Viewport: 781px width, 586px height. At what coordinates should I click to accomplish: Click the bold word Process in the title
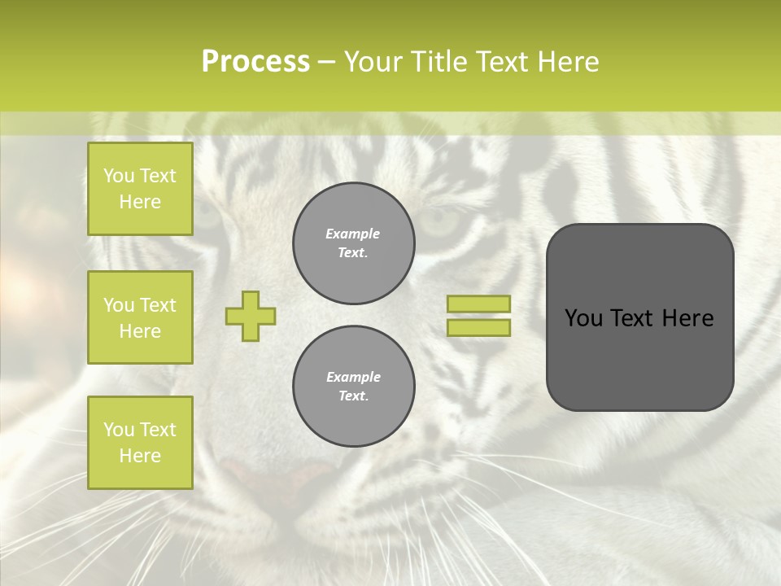pos(255,61)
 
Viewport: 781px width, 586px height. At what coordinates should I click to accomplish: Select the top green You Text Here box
pos(140,189)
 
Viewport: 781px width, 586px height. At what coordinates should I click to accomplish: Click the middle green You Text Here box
pos(140,317)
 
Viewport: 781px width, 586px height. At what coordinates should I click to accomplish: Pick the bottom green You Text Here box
pos(140,443)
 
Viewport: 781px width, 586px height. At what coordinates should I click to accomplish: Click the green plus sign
pos(251,316)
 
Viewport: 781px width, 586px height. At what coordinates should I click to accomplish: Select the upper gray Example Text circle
pos(354,243)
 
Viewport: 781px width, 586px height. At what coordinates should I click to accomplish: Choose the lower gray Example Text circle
pos(354,387)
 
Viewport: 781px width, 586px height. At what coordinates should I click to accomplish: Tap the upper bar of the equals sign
pos(478,304)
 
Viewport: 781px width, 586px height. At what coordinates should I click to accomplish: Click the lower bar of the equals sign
pos(478,328)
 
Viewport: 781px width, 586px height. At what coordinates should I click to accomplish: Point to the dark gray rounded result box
pos(639,317)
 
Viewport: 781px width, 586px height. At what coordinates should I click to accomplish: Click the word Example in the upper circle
pos(353,234)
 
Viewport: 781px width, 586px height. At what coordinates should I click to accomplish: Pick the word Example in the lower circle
pos(353,377)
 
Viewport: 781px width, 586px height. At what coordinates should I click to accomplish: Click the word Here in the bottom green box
pos(140,456)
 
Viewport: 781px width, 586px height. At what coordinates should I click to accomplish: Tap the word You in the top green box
pos(119,176)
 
